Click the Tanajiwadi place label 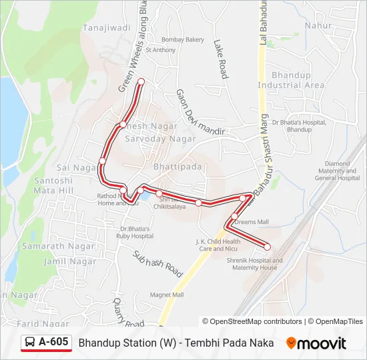tap(107, 28)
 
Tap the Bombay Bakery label tap(183, 40)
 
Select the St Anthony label tap(160, 50)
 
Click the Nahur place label tap(318, 25)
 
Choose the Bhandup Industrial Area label tap(291, 81)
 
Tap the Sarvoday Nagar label tap(161, 139)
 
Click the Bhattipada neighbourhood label tap(177, 167)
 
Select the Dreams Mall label tap(251, 222)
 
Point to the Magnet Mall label tap(167, 294)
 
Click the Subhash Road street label tap(157, 264)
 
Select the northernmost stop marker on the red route tap(141, 82)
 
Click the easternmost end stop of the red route tap(268, 247)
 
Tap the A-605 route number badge tap(46, 342)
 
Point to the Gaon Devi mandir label tap(200, 113)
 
